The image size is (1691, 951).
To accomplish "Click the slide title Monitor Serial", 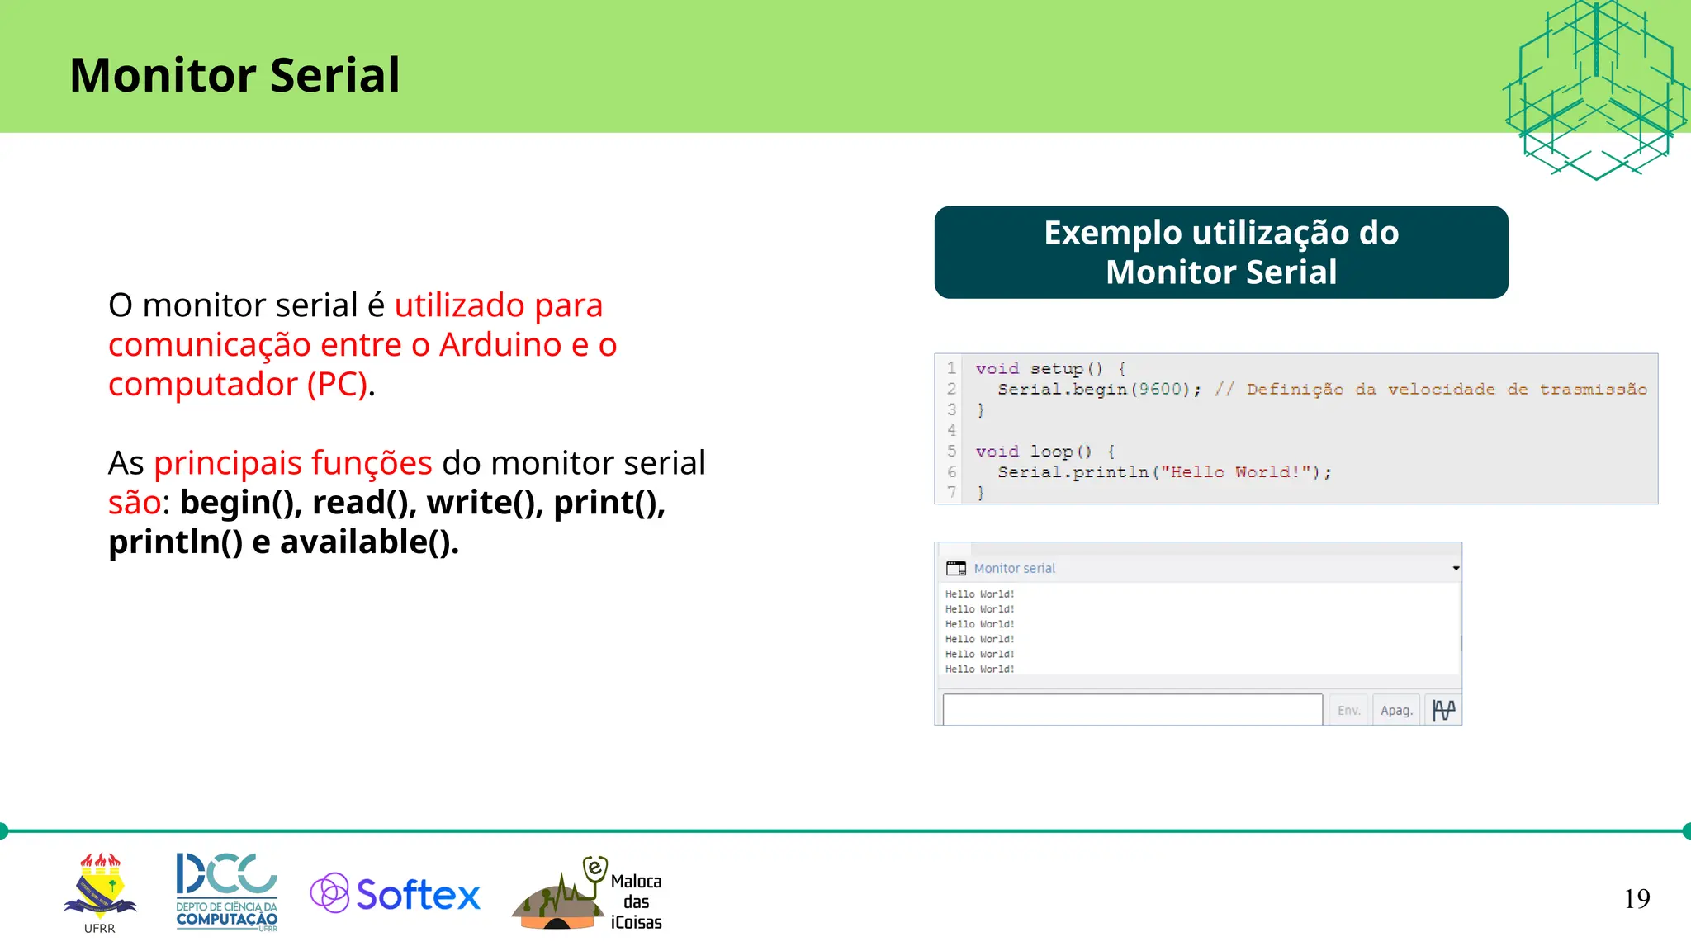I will click(x=234, y=75).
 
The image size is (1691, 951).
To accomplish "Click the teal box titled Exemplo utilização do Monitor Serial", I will click(x=1220, y=252).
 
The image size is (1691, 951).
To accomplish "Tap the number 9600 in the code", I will click(x=1160, y=389).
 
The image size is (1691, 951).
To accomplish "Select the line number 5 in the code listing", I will click(x=951, y=451).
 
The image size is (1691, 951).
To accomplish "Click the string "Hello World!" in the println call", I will click(x=1234, y=472).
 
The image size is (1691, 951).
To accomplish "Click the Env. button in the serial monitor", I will click(x=1348, y=710).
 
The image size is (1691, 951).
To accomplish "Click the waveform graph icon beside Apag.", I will click(x=1443, y=710).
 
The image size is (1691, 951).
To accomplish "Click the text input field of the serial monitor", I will click(x=1131, y=710).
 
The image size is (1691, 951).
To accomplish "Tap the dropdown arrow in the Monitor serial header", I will click(x=1456, y=568).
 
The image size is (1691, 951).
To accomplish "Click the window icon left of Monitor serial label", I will click(x=956, y=568).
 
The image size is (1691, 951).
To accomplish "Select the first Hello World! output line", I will click(x=979, y=594).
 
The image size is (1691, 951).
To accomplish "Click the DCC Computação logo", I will click(x=227, y=892).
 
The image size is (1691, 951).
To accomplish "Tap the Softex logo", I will click(x=396, y=894).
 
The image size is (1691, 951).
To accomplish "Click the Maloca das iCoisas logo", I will click(x=588, y=896).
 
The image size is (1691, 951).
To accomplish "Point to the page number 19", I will click(x=1637, y=898).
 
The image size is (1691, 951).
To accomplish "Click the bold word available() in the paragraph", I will click(x=368, y=542).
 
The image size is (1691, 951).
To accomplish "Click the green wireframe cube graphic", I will click(x=1595, y=87).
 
